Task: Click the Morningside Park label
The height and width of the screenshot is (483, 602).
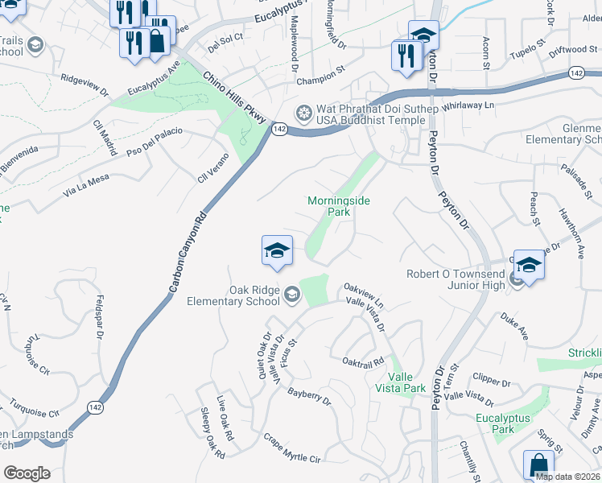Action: [x=339, y=207]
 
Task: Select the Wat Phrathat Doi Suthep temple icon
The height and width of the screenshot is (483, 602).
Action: [x=305, y=112]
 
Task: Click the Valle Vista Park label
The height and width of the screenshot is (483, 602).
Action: [x=406, y=382]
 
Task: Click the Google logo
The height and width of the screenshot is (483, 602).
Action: [x=27, y=473]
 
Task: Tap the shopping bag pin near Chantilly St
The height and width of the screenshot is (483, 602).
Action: [x=538, y=466]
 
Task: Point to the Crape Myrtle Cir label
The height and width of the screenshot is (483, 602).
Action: [x=292, y=448]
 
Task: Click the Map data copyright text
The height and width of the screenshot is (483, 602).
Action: [x=567, y=477]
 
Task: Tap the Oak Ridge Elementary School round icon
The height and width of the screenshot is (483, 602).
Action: [x=291, y=297]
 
